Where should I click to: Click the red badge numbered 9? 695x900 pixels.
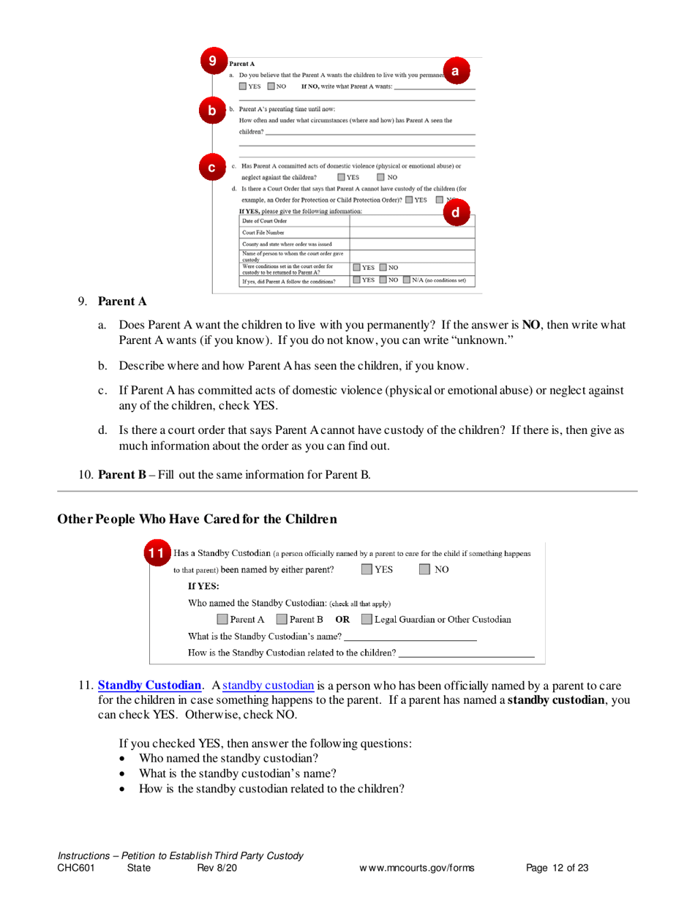[212, 61]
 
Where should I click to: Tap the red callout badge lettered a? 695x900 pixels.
[455, 70]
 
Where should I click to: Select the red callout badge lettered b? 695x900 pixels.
[211, 111]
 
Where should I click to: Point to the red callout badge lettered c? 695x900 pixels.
[211, 168]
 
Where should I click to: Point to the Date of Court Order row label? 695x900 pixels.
[265, 220]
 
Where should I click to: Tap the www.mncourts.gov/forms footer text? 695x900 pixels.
[416, 869]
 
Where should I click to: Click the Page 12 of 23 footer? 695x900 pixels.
[557, 869]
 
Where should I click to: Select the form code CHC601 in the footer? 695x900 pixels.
[76, 869]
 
